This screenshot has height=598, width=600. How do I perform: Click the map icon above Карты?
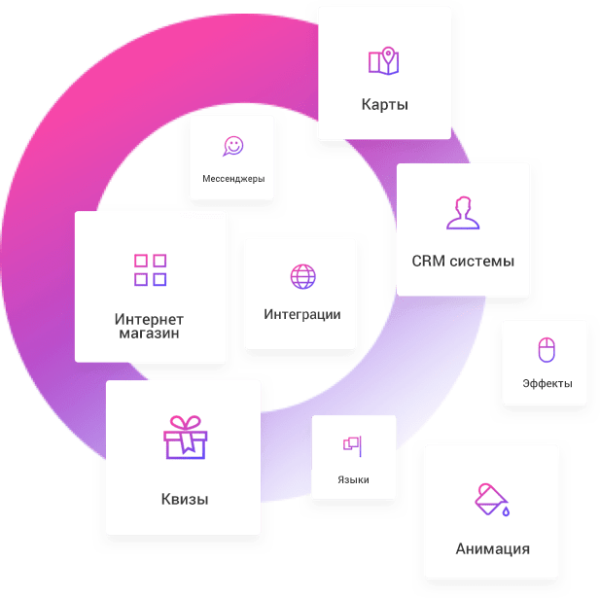pyautogui.click(x=383, y=61)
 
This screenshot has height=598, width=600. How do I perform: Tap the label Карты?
pyautogui.click(x=384, y=104)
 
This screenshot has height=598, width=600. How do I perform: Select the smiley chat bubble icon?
pyautogui.click(x=232, y=146)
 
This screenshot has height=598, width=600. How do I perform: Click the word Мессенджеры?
pyautogui.click(x=232, y=179)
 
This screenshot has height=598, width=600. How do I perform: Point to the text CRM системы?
pyautogui.click(x=463, y=261)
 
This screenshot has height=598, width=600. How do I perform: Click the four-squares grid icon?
pyautogui.click(x=150, y=269)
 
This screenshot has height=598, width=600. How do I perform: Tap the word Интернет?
pyautogui.click(x=149, y=319)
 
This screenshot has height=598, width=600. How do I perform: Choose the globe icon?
pyautogui.click(x=302, y=276)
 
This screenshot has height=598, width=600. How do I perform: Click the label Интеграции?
pyautogui.click(x=302, y=314)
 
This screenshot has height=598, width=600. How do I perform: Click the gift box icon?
pyautogui.click(x=185, y=438)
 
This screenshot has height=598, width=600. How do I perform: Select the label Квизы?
pyautogui.click(x=185, y=500)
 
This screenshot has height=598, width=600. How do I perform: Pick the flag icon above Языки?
pyautogui.click(x=351, y=444)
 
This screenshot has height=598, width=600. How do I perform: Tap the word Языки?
pyautogui.click(x=353, y=479)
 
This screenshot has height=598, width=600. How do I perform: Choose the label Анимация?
pyautogui.click(x=492, y=548)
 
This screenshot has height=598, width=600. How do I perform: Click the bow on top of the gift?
pyautogui.click(x=185, y=421)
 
